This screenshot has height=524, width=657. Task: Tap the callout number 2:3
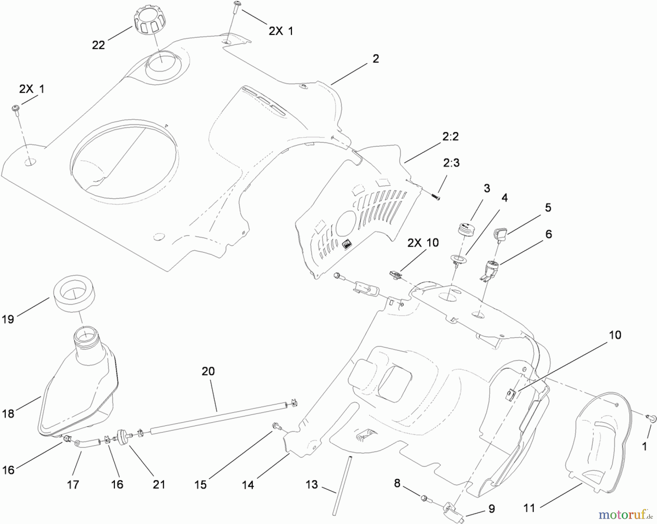tap(451, 163)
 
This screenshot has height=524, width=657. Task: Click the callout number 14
tap(248, 485)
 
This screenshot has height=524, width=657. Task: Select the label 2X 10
tap(423, 243)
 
